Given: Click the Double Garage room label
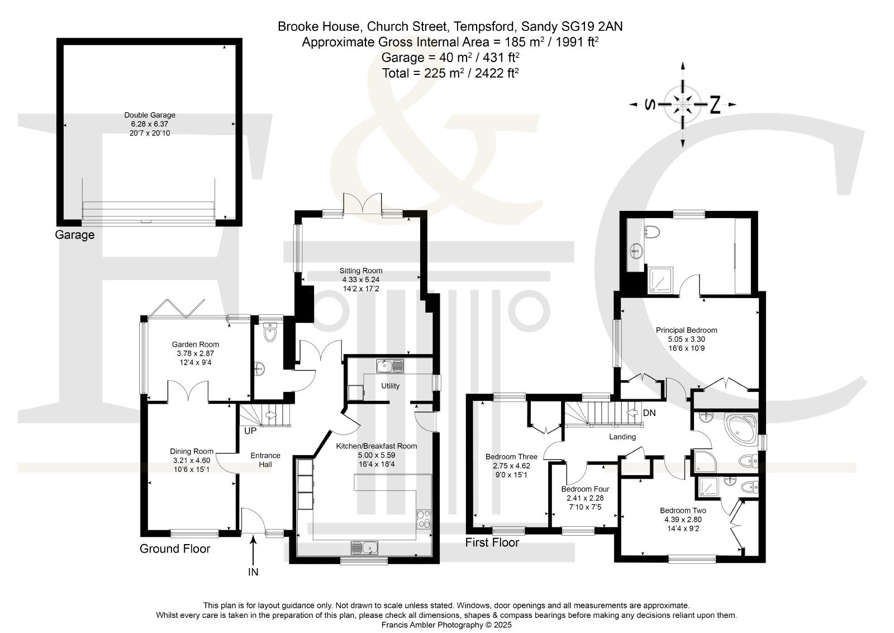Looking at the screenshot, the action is point(150,115).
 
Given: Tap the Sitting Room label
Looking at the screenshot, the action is point(361,271).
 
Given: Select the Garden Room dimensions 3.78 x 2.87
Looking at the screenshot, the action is point(196,353).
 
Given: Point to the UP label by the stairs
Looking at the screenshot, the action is point(250,431).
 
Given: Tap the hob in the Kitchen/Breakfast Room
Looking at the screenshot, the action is point(424,519).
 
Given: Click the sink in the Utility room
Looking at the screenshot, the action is point(390,366).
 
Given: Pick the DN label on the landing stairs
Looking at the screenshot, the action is point(649,413).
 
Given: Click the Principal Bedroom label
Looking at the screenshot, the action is point(687,330).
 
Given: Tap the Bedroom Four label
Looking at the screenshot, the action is point(585,489).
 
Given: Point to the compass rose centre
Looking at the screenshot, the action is point(683,105).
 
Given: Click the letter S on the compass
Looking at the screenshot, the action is point(650,105).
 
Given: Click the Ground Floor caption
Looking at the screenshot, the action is point(175,549).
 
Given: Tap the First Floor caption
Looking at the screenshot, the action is point(492,542).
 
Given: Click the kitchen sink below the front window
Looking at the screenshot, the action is point(364,547).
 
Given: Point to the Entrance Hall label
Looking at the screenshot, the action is point(265,460).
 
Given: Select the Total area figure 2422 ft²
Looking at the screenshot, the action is point(497,73).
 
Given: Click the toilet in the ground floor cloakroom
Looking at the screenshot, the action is point(270,333).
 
